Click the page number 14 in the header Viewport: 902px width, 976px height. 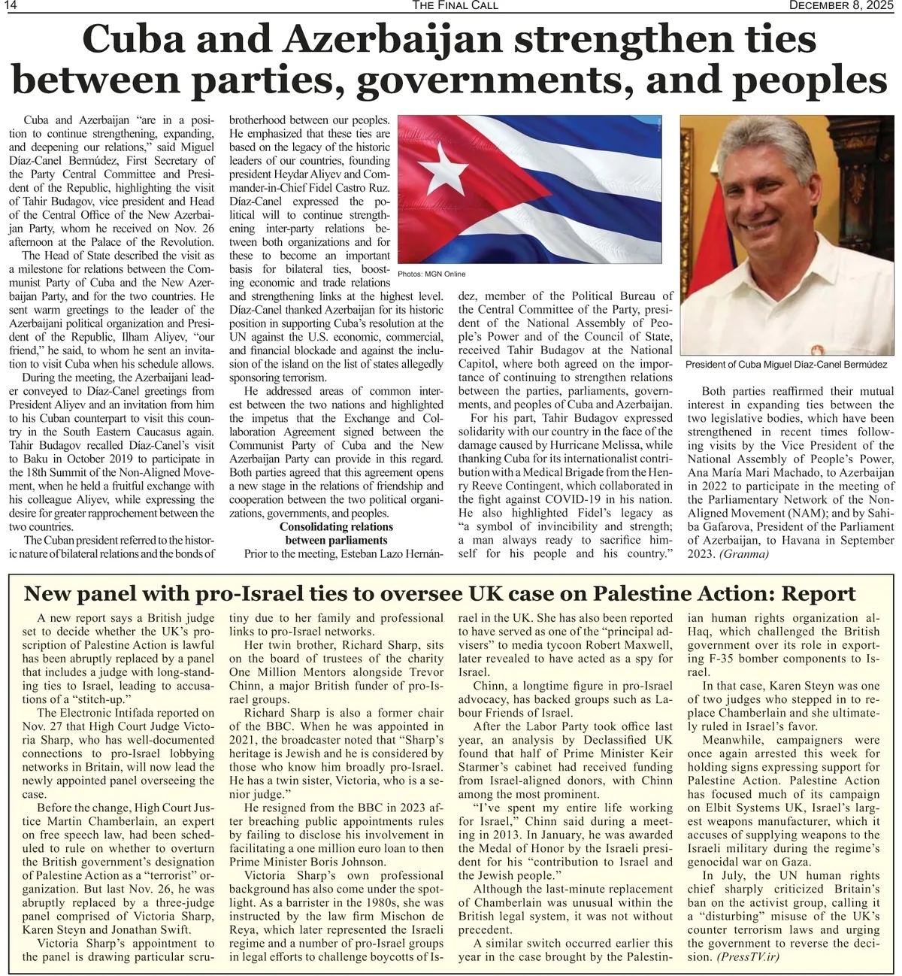point(11,6)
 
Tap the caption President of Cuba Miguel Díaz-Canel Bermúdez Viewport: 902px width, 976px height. point(786,365)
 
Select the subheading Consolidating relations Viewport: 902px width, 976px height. point(336,527)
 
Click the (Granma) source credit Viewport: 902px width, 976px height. point(744,554)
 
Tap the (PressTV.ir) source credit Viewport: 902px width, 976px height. point(748,957)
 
